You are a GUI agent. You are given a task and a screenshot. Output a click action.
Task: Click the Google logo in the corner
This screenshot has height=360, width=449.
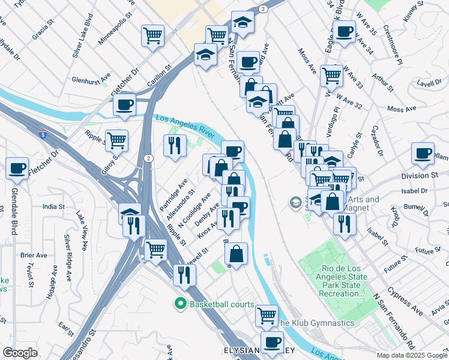point(20,353)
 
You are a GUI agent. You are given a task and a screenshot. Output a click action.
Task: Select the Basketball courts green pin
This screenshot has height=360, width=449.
point(179,304)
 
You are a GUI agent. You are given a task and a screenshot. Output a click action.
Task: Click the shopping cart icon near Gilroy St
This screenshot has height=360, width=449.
point(117,140)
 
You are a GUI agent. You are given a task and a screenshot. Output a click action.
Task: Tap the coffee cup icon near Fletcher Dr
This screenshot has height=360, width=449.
point(124,104)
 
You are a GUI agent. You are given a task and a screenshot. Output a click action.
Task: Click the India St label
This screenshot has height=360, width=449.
point(54,206)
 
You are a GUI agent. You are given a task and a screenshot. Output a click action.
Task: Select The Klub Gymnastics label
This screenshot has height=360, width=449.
point(315,323)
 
